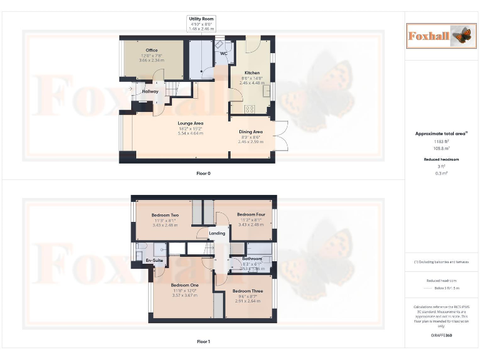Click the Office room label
tap(152, 50)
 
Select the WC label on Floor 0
tap(222, 54)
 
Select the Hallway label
tap(150, 92)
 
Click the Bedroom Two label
tap(165, 215)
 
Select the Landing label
tap(217, 233)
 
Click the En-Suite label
tap(154, 260)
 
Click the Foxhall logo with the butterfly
tap(439, 36)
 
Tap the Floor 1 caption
tap(204, 342)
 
